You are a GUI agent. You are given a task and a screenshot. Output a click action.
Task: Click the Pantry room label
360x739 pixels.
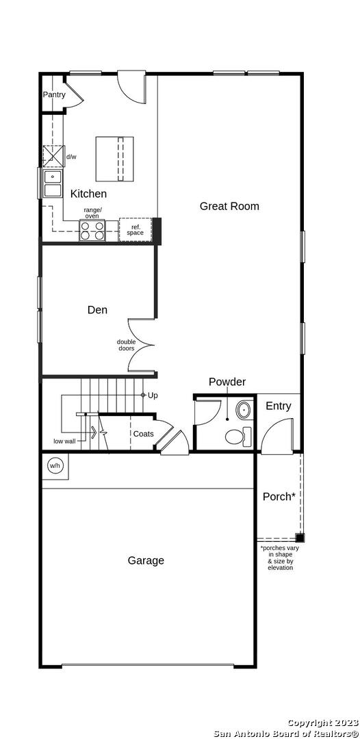[54, 94]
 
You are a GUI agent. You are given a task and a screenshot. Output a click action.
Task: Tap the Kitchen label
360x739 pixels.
[88, 194]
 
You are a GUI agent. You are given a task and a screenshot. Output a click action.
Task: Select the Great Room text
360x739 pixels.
[229, 206]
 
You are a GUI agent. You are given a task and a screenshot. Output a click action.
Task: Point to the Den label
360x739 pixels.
[98, 310]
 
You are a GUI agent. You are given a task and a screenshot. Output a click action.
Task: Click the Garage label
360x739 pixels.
[146, 560]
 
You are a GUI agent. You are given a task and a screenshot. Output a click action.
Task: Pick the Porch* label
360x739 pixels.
[279, 496]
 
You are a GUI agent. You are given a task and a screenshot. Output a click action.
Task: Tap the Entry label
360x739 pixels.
[279, 406]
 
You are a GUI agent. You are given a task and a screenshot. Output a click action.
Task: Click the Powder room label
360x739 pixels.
[227, 382]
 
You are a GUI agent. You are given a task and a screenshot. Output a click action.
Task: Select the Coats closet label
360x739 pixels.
[143, 434]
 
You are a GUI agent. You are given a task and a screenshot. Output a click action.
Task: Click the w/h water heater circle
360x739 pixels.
[55, 466]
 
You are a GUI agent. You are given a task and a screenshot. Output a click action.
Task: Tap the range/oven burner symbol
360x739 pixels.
[92, 231]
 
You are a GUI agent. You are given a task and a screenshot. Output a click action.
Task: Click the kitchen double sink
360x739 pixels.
[52, 184]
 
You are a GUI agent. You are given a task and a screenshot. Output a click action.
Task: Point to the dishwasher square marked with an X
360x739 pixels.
[53, 157]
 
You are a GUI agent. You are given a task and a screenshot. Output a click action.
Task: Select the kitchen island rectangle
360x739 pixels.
[114, 159]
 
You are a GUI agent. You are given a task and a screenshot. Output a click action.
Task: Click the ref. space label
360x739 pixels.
[135, 230]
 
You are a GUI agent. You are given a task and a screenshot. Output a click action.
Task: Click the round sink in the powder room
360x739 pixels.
[243, 410]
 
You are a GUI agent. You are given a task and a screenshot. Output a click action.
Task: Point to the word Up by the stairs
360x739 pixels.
[153, 395]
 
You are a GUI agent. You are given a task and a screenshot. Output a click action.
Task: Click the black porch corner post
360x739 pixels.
[300, 537]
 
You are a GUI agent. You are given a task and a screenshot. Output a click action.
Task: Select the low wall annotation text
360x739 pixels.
[65, 441]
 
